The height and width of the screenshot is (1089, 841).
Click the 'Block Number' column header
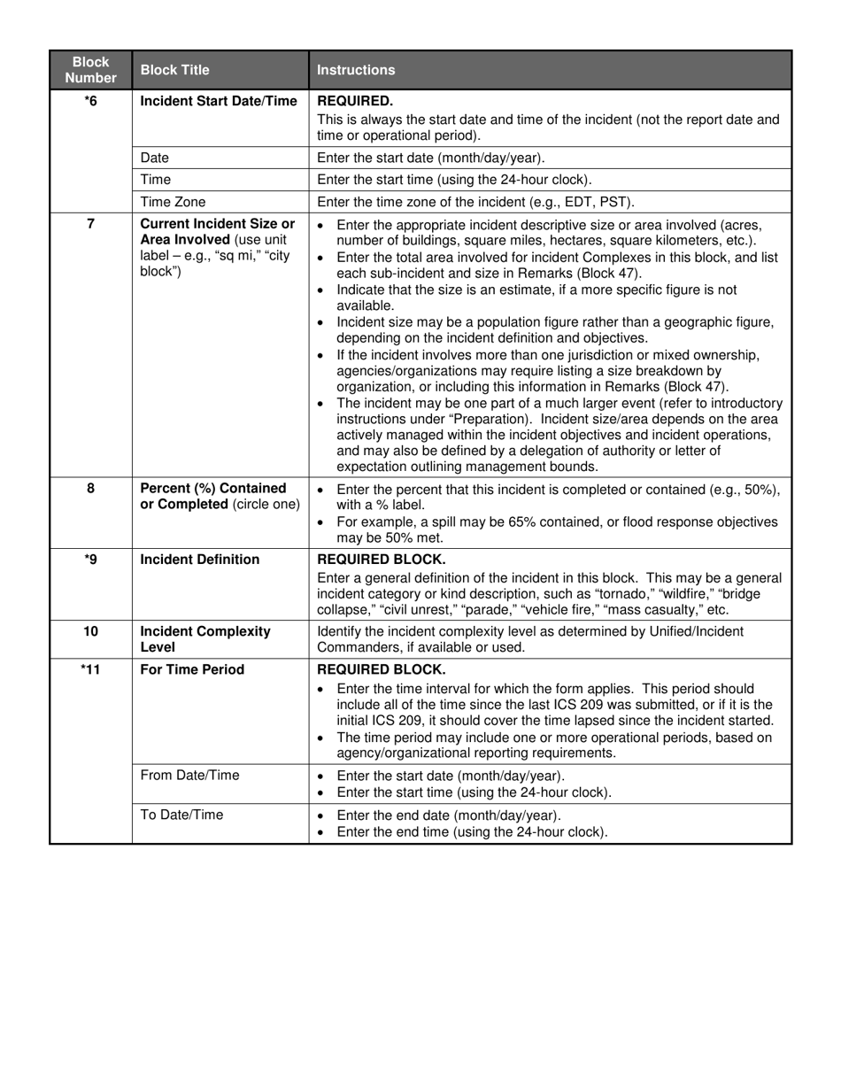90,70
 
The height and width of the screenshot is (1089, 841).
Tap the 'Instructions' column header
356,70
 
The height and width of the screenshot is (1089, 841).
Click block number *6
90,101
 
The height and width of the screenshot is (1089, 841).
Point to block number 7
90,224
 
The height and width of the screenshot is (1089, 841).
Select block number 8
90,489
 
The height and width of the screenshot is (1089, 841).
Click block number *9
90,560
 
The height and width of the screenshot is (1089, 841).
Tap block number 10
90,631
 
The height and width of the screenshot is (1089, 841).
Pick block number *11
90,669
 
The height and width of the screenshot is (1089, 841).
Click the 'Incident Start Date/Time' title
219,101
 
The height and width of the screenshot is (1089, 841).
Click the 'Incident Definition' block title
200,560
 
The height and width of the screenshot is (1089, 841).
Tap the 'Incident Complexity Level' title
205,639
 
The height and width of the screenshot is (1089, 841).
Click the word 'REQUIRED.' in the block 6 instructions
355,101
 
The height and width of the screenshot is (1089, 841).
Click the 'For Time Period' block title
192,669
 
